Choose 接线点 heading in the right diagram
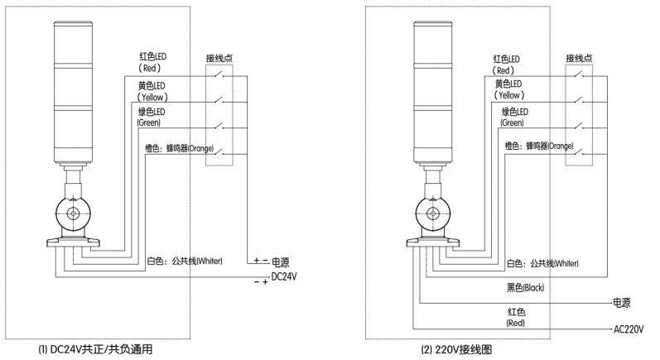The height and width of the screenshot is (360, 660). [x=581, y=58]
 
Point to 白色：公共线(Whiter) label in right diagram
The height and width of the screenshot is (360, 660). [x=542, y=263]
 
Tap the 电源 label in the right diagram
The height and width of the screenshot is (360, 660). [x=624, y=302]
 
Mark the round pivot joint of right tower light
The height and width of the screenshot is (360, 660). [x=434, y=212]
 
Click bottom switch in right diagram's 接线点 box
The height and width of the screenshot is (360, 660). [x=581, y=153]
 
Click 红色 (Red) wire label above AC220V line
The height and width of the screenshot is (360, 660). [x=515, y=317]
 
